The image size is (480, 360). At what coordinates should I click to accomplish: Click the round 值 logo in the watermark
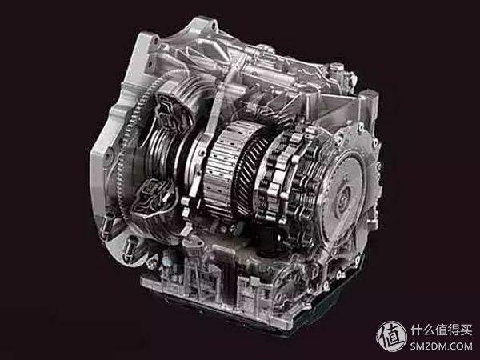[391, 336]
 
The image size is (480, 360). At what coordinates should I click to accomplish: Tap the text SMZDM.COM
[441, 346]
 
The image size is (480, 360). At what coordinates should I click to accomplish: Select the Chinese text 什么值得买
[442, 330]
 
